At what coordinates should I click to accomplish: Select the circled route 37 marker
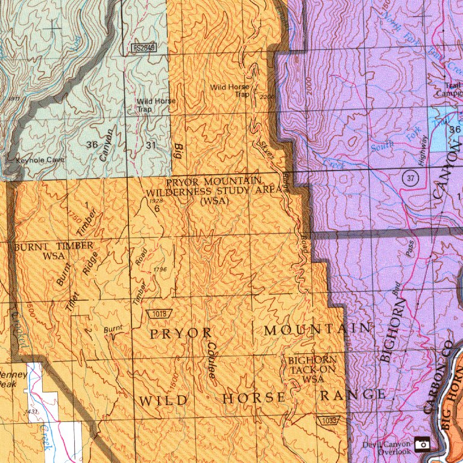click(411, 178)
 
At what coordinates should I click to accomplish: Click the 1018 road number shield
click(160, 313)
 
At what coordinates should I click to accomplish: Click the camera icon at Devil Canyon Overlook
click(423, 444)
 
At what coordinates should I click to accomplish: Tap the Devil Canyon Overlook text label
click(386, 447)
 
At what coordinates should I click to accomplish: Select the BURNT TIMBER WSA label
click(54, 250)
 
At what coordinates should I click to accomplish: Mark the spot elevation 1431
click(32, 411)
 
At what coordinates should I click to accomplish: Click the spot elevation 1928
click(156, 201)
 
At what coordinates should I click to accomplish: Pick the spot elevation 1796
click(160, 269)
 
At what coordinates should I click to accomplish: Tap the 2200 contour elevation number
click(267, 96)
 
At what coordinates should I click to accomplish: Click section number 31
click(151, 145)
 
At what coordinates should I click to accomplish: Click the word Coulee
click(212, 360)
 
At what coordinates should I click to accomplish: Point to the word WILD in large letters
click(164, 400)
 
